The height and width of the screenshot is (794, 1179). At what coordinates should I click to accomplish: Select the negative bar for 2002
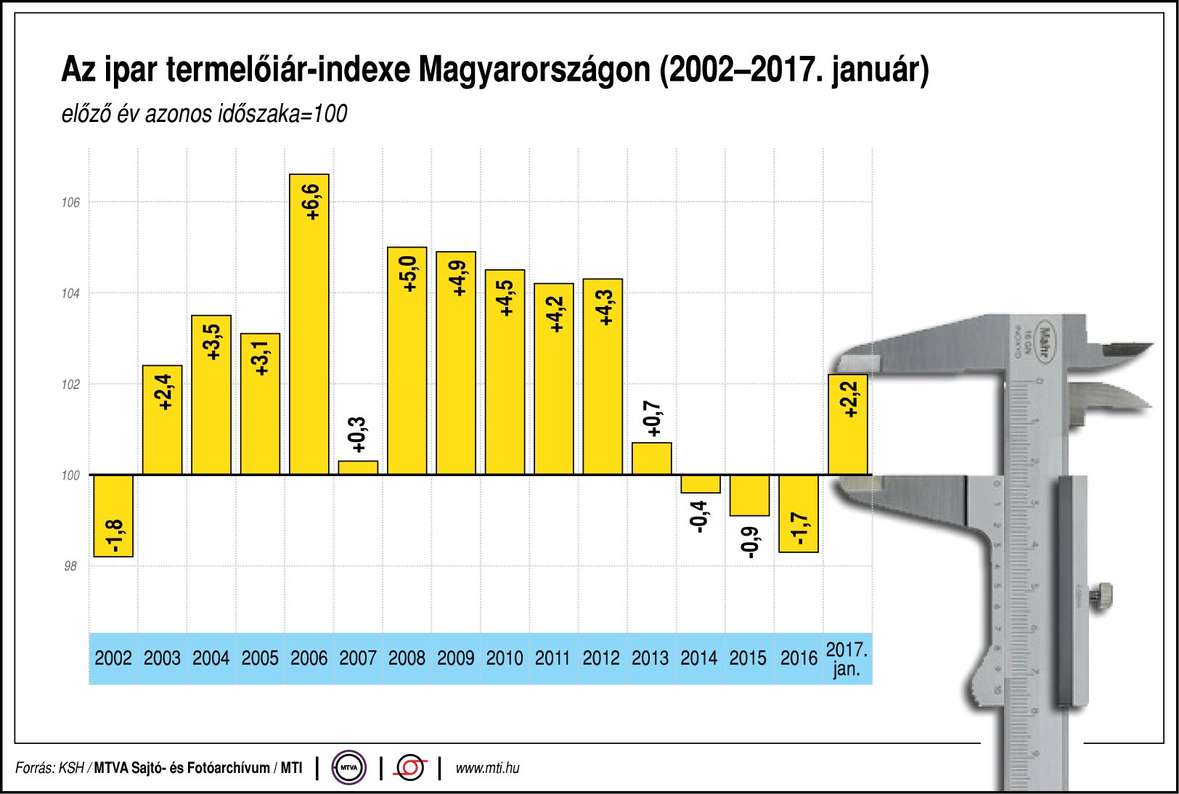pyautogui.click(x=113, y=516)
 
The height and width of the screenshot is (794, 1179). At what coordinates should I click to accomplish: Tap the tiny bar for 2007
pyautogui.click(x=358, y=467)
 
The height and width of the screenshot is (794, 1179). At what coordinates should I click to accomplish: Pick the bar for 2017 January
pyautogui.click(x=848, y=425)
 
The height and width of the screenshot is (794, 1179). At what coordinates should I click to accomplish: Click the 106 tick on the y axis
pyautogui.click(x=70, y=202)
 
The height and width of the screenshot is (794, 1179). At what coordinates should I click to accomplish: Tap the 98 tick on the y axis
pyautogui.click(x=70, y=566)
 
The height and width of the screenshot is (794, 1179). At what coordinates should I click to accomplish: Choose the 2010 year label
pyautogui.click(x=505, y=658)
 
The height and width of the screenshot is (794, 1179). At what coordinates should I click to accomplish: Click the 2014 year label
pyautogui.click(x=699, y=658)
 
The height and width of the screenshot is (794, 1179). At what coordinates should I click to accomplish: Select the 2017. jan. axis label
pyautogui.click(x=846, y=658)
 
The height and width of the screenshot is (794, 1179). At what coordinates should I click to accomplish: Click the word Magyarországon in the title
pyautogui.click(x=534, y=70)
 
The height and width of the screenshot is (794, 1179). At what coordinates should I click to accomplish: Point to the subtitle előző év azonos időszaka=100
pyautogui.click(x=204, y=114)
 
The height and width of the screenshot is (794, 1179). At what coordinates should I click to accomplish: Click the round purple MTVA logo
pyautogui.click(x=349, y=767)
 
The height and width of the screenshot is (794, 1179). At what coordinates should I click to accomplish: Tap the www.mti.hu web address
pyautogui.click(x=487, y=768)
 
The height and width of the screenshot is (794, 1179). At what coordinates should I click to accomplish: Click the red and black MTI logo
pyautogui.click(x=411, y=768)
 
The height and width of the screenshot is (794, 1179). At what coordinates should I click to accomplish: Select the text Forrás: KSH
pyautogui.click(x=49, y=768)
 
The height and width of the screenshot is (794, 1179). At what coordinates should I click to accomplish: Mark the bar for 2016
pyautogui.click(x=799, y=514)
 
